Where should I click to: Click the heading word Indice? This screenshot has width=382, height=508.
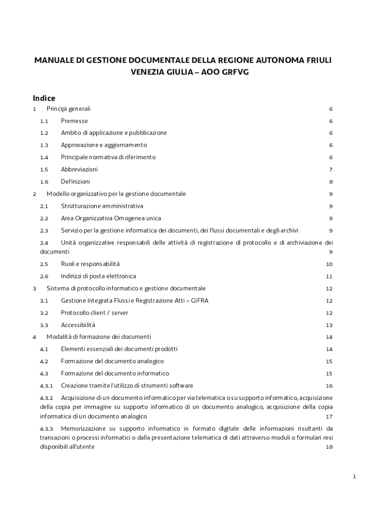[44, 98]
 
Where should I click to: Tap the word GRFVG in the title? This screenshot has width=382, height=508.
[234, 72]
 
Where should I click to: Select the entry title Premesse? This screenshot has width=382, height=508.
[74, 121]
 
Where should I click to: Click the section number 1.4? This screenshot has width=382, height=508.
[44, 157]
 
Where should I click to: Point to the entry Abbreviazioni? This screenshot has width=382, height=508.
[79, 170]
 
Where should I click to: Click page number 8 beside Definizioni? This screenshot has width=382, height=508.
[330, 182]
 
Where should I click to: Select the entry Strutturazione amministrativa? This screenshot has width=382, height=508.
[102, 206]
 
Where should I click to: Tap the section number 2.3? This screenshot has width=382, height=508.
[44, 231]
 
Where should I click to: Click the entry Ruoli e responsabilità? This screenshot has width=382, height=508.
[90, 264]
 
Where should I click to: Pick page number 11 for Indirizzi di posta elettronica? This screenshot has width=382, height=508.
[329, 276]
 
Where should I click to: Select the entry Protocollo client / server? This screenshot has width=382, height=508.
[95, 313]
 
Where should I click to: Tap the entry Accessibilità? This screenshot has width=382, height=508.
[78, 325]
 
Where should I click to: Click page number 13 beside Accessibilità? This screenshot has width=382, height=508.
[329, 325]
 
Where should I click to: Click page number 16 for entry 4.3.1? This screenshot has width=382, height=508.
[329, 386]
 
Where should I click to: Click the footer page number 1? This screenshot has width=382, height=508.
[355, 477]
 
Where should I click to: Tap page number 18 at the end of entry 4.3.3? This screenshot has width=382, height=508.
[329, 447]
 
